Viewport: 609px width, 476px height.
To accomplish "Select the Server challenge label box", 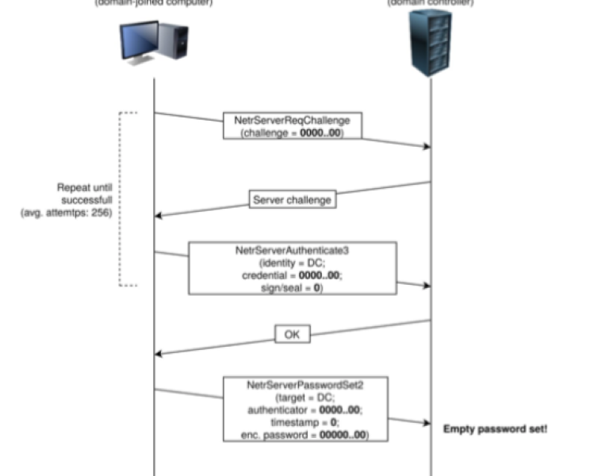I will pyautogui.click(x=291, y=200).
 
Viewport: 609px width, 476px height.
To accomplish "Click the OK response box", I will pyautogui.click(x=292, y=335).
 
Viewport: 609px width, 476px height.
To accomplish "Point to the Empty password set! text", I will pyautogui.click(x=495, y=428).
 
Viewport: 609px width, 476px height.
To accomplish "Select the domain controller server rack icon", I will pyautogui.click(x=431, y=42).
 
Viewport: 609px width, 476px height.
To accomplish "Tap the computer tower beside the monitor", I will pyautogui.click(x=179, y=41).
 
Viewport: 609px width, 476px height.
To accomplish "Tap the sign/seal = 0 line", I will pyautogui.click(x=291, y=288).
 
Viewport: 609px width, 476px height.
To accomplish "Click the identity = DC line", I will pyautogui.click(x=291, y=262).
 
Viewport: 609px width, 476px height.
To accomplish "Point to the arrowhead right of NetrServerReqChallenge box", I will pyautogui.click(x=427, y=146).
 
